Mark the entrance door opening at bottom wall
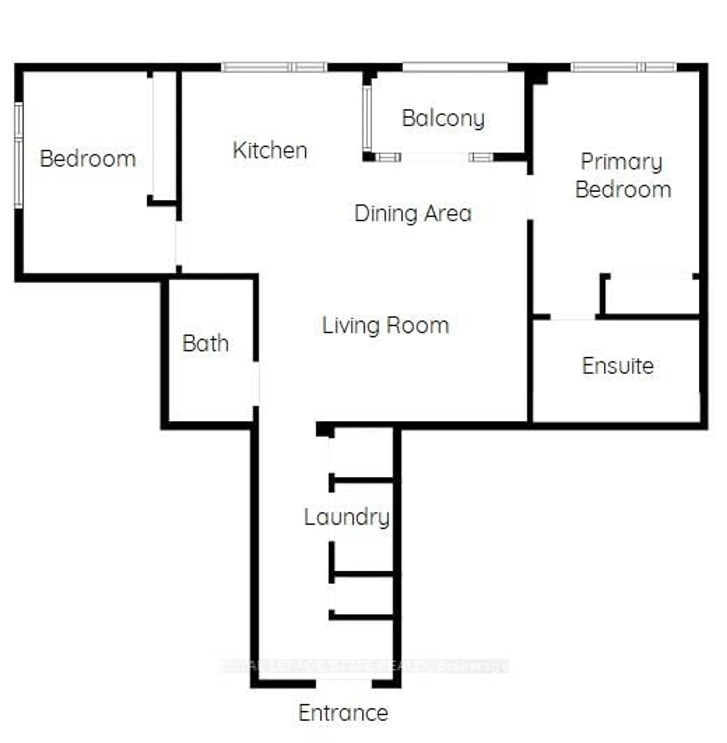344,683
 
